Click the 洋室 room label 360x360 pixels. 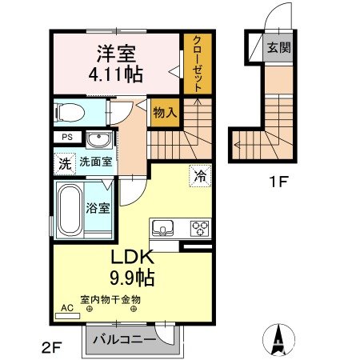tap(116, 54)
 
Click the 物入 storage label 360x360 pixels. tap(164, 114)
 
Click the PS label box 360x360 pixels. tap(66, 137)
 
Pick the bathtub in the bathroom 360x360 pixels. tap(70, 210)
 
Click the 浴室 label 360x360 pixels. tap(99, 206)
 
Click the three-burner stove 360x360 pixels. tap(198, 228)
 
